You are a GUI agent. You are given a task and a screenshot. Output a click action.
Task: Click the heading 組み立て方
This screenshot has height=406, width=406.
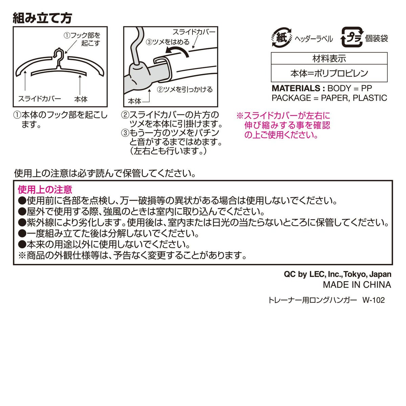tap(42, 18)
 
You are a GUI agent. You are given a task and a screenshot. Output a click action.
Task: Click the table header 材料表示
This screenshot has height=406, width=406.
tap(329, 59)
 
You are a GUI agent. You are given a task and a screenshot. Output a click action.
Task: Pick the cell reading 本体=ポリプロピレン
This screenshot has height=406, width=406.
tap(329, 73)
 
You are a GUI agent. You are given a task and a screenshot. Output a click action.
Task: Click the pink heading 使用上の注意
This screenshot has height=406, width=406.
tap(45, 189)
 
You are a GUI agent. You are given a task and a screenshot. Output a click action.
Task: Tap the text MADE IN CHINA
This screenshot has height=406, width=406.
tap(357, 285)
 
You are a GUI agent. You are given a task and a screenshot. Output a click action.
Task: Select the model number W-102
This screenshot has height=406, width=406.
tap(374, 300)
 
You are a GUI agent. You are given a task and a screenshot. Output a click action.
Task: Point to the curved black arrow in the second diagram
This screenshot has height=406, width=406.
tap(177, 51)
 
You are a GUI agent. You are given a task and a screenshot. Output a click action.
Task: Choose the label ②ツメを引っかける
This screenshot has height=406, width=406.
tap(185, 90)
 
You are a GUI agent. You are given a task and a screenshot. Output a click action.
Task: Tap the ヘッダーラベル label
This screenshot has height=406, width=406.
tap(314, 39)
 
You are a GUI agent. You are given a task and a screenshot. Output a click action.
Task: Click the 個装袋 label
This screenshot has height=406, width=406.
tap(377, 39)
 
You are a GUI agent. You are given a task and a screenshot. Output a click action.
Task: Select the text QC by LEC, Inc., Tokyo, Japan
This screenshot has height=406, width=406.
tap(338, 274)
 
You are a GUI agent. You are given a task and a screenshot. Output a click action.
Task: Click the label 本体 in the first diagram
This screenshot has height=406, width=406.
tap(81, 99)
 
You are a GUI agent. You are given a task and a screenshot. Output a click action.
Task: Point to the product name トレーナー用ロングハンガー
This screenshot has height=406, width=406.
tap(313, 300)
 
